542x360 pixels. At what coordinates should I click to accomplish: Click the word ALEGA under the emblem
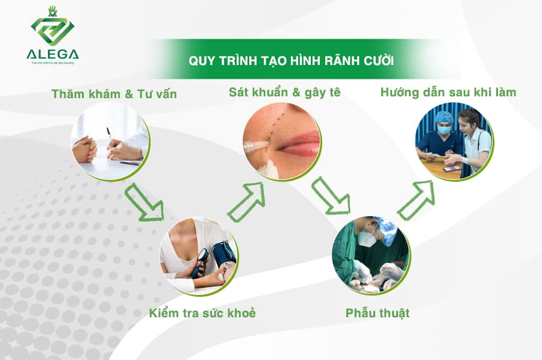point(52,55)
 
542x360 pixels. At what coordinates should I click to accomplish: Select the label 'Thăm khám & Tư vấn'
point(114,93)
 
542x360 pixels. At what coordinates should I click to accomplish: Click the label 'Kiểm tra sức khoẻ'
point(202,313)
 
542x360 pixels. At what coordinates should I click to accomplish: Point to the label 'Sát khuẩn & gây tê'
point(284,92)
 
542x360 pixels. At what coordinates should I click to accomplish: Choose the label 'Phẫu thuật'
point(377,313)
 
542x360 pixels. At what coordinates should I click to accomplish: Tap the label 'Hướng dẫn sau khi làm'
point(448,92)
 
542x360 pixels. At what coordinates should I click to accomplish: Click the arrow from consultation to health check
point(145,202)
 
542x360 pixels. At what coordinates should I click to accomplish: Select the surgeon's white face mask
point(367,238)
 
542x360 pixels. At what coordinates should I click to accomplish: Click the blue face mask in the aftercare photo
point(444,129)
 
